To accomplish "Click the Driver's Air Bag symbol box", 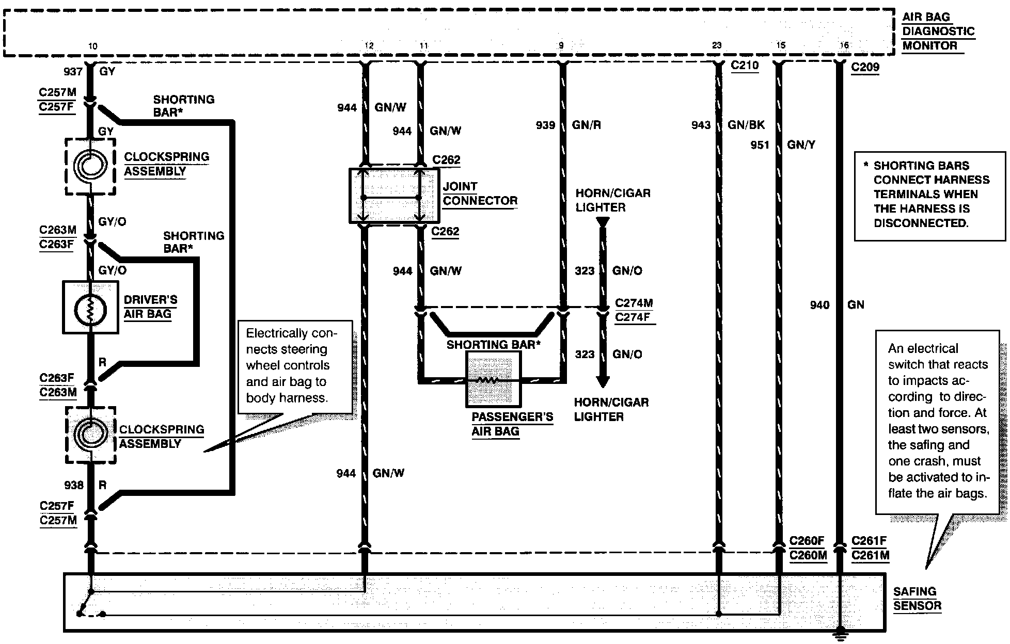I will (x=90, y=308).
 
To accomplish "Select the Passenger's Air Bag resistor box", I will (x=493, y=379).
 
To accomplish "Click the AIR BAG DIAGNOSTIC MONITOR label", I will (x=938, y=31).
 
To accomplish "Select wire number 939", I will (x=545, y=125).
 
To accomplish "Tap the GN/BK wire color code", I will (x=746, y=125).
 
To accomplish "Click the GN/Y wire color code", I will (x=801, y=146).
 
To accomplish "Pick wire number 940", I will (x=819, y=305).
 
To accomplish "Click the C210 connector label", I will (x=745, y=66).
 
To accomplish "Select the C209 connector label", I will (x=865, y=67).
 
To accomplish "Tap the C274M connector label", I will (x=634, y=303).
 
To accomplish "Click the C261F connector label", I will (x=869, y=541).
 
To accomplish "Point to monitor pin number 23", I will (x=717, y=46).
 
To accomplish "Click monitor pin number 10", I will (x=92, y=46).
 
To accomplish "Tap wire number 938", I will (x=74, y=486).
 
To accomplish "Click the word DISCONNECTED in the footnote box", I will (x=921, y=223).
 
